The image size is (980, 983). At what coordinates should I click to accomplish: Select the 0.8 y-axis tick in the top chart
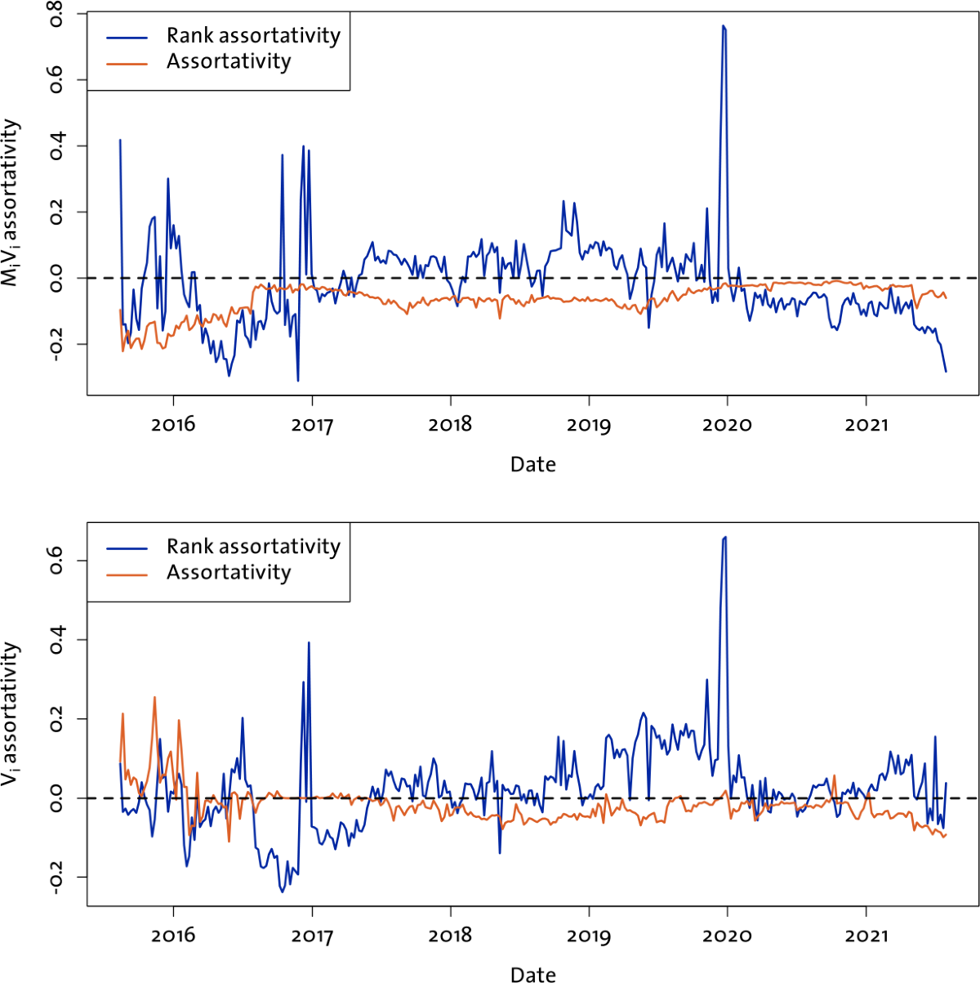pos(58,15)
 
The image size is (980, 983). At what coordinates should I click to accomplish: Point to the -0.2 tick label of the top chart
pos(58,345)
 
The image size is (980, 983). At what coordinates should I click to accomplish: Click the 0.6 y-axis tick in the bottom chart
pos(58,561)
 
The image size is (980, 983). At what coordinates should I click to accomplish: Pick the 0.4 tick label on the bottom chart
pos(58,640)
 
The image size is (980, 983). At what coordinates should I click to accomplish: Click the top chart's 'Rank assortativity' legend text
pos(253,35)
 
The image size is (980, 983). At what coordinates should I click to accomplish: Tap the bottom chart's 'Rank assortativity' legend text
pos(253,546)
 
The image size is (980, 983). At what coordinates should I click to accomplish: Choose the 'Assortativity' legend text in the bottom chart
pos(229,573)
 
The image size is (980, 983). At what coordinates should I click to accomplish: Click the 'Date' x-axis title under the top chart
pos(532,465)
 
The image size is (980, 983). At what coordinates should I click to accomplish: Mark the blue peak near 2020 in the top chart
pos(724,26)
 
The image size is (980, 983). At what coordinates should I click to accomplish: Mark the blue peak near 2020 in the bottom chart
pos(724,538)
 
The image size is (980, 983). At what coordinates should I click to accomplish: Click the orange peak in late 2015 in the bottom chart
pos(154,697)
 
